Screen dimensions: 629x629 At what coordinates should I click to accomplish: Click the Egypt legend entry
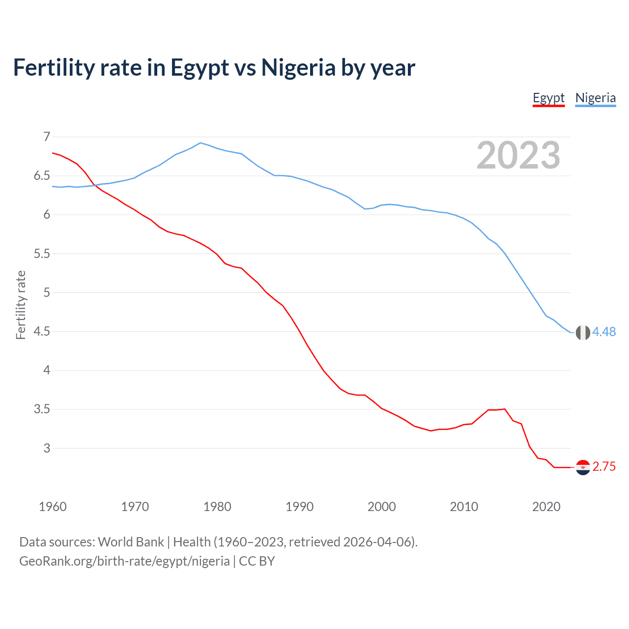pyautogui.click(x=548, y=98)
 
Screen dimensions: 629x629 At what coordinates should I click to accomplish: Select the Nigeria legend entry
pyautogui.click(x=595, y=98)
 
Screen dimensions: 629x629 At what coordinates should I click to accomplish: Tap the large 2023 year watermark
pyautogui.click(x=518, y=155)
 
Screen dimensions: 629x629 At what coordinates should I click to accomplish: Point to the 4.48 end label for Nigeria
pyautogui.click(x=604, y=332)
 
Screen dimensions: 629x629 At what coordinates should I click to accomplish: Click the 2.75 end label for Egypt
pyautogui.click(x=604, y=467)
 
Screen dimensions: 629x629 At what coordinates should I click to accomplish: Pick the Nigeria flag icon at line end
pyautogui.click(x=583, y=333)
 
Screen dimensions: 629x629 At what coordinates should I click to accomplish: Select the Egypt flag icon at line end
pyautogui.click(x=583, y=467)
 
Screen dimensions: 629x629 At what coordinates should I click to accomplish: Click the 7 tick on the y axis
pyautogui.click(x=47, y=137)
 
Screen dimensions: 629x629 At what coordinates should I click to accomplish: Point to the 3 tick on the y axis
pyautogui.click(x=47, y=448)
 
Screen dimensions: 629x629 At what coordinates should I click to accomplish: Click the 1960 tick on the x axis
pyautogui.click(x=53, y=507)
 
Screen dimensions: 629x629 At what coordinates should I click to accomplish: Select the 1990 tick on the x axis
pyautogui.click(x=299, y=507)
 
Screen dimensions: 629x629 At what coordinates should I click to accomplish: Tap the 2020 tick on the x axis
pyautogui.click(x=546, y=507)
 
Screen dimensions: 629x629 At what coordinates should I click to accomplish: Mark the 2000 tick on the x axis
pyautogui.click(x=381, y=507)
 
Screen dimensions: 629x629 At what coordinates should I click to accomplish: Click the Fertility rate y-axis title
pyautogui.click(x=21, y=305)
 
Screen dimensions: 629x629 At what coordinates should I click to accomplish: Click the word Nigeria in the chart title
pyautogui.click(x=298, y=67)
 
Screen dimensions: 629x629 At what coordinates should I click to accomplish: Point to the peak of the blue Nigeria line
pyautogui.click(x=200, y=143)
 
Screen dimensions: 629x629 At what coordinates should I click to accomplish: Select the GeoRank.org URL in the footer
pyautogui.click(x=124, y=561)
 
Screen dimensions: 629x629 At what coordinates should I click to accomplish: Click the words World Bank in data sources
pyautogui.click(x=131, y=542)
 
